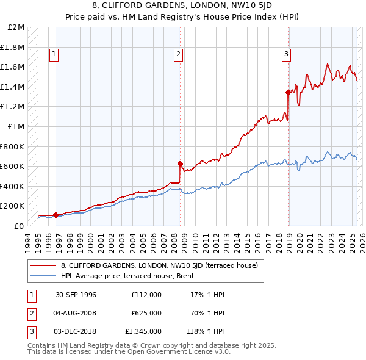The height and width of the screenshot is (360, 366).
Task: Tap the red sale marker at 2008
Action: coord(181,164)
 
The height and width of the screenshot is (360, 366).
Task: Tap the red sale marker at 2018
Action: coord(289,92)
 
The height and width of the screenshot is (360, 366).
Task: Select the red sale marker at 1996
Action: coord(56,215)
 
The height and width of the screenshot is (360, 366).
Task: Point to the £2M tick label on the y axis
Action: coord(16,27)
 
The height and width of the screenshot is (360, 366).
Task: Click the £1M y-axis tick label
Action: coord(16,127)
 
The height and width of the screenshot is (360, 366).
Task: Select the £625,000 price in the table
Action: coord(146,313)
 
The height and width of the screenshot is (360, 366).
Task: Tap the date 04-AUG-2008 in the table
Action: coord(76,313)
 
